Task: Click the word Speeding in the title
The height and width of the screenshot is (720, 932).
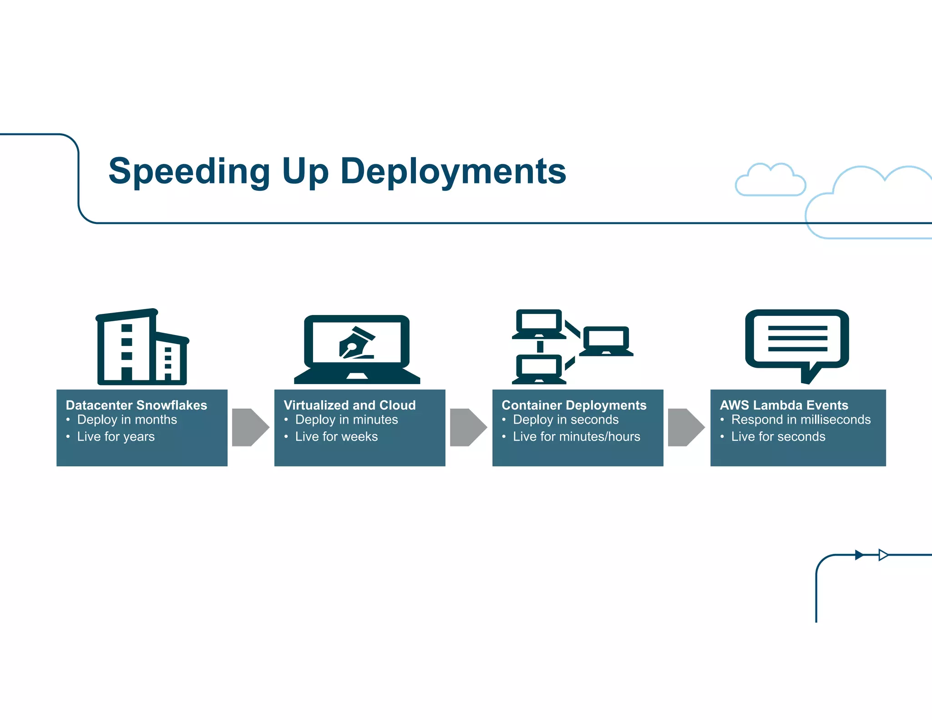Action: point(189,171)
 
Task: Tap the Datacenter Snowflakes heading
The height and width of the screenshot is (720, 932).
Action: point(136,405)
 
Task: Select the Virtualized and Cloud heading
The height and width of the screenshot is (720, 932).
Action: point(349,405)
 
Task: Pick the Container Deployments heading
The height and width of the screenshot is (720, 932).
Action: point(574,405)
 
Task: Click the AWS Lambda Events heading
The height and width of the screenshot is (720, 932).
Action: point(784,405)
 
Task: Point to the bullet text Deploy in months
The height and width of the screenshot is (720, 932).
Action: point(127,420)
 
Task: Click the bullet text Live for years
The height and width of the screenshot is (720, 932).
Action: point(116,436)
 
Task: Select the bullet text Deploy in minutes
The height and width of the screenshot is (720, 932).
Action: point(346,420)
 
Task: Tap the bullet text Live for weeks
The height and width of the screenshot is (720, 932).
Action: point(336,436)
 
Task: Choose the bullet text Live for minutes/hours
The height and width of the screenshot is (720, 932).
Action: point(576,436)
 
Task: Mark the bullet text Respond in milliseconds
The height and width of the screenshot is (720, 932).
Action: point(800,420)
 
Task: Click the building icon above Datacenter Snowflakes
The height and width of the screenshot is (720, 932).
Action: point(142,347)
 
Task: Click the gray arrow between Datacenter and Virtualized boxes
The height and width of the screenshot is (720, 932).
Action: point(250,427)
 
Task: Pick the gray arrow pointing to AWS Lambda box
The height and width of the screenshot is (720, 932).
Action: point(686,427)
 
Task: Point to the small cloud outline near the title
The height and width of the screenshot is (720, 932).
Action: point(770,180)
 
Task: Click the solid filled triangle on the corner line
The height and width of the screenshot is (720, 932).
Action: point(859,555)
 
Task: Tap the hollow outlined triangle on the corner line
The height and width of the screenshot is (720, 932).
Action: point(883,555)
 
